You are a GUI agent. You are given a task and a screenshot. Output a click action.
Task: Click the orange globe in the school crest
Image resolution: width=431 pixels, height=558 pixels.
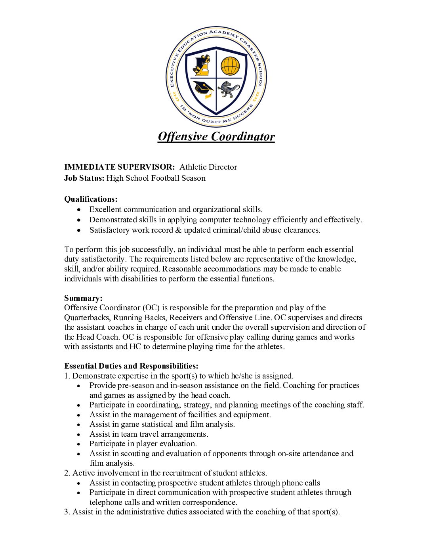(230, 66)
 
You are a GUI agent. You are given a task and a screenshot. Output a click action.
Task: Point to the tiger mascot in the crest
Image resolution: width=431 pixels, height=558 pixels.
(229, 90)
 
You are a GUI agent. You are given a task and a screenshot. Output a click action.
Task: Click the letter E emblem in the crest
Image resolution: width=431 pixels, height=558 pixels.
(202, 66)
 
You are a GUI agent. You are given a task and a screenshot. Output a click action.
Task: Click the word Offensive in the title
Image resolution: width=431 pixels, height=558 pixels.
(183, 136)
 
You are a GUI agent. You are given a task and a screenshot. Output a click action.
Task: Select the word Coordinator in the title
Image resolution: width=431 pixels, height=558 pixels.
(243, 136)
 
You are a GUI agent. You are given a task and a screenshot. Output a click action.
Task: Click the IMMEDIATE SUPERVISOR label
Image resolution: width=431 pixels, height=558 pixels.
(119, 167)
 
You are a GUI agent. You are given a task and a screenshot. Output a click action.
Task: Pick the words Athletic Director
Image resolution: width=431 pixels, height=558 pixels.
(208, 167)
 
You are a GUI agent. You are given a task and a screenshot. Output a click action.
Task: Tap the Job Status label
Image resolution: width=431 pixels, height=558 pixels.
(84, 178)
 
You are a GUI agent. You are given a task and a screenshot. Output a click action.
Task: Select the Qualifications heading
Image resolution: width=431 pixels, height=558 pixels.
(91, 199)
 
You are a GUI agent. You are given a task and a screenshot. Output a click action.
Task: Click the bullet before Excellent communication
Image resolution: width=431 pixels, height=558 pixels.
(80, 210)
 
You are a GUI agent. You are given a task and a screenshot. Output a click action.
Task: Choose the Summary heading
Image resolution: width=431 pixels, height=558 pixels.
(83, 298)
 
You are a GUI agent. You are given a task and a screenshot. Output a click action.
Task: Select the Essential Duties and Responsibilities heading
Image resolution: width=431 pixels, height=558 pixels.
(131, 366)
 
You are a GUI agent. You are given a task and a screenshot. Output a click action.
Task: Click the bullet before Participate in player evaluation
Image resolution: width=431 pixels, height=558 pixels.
(80, 444)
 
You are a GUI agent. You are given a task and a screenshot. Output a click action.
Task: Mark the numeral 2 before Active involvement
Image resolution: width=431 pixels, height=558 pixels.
(67, 473)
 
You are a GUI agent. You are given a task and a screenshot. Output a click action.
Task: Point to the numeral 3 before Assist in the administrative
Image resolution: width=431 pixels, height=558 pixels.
(67, 512)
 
